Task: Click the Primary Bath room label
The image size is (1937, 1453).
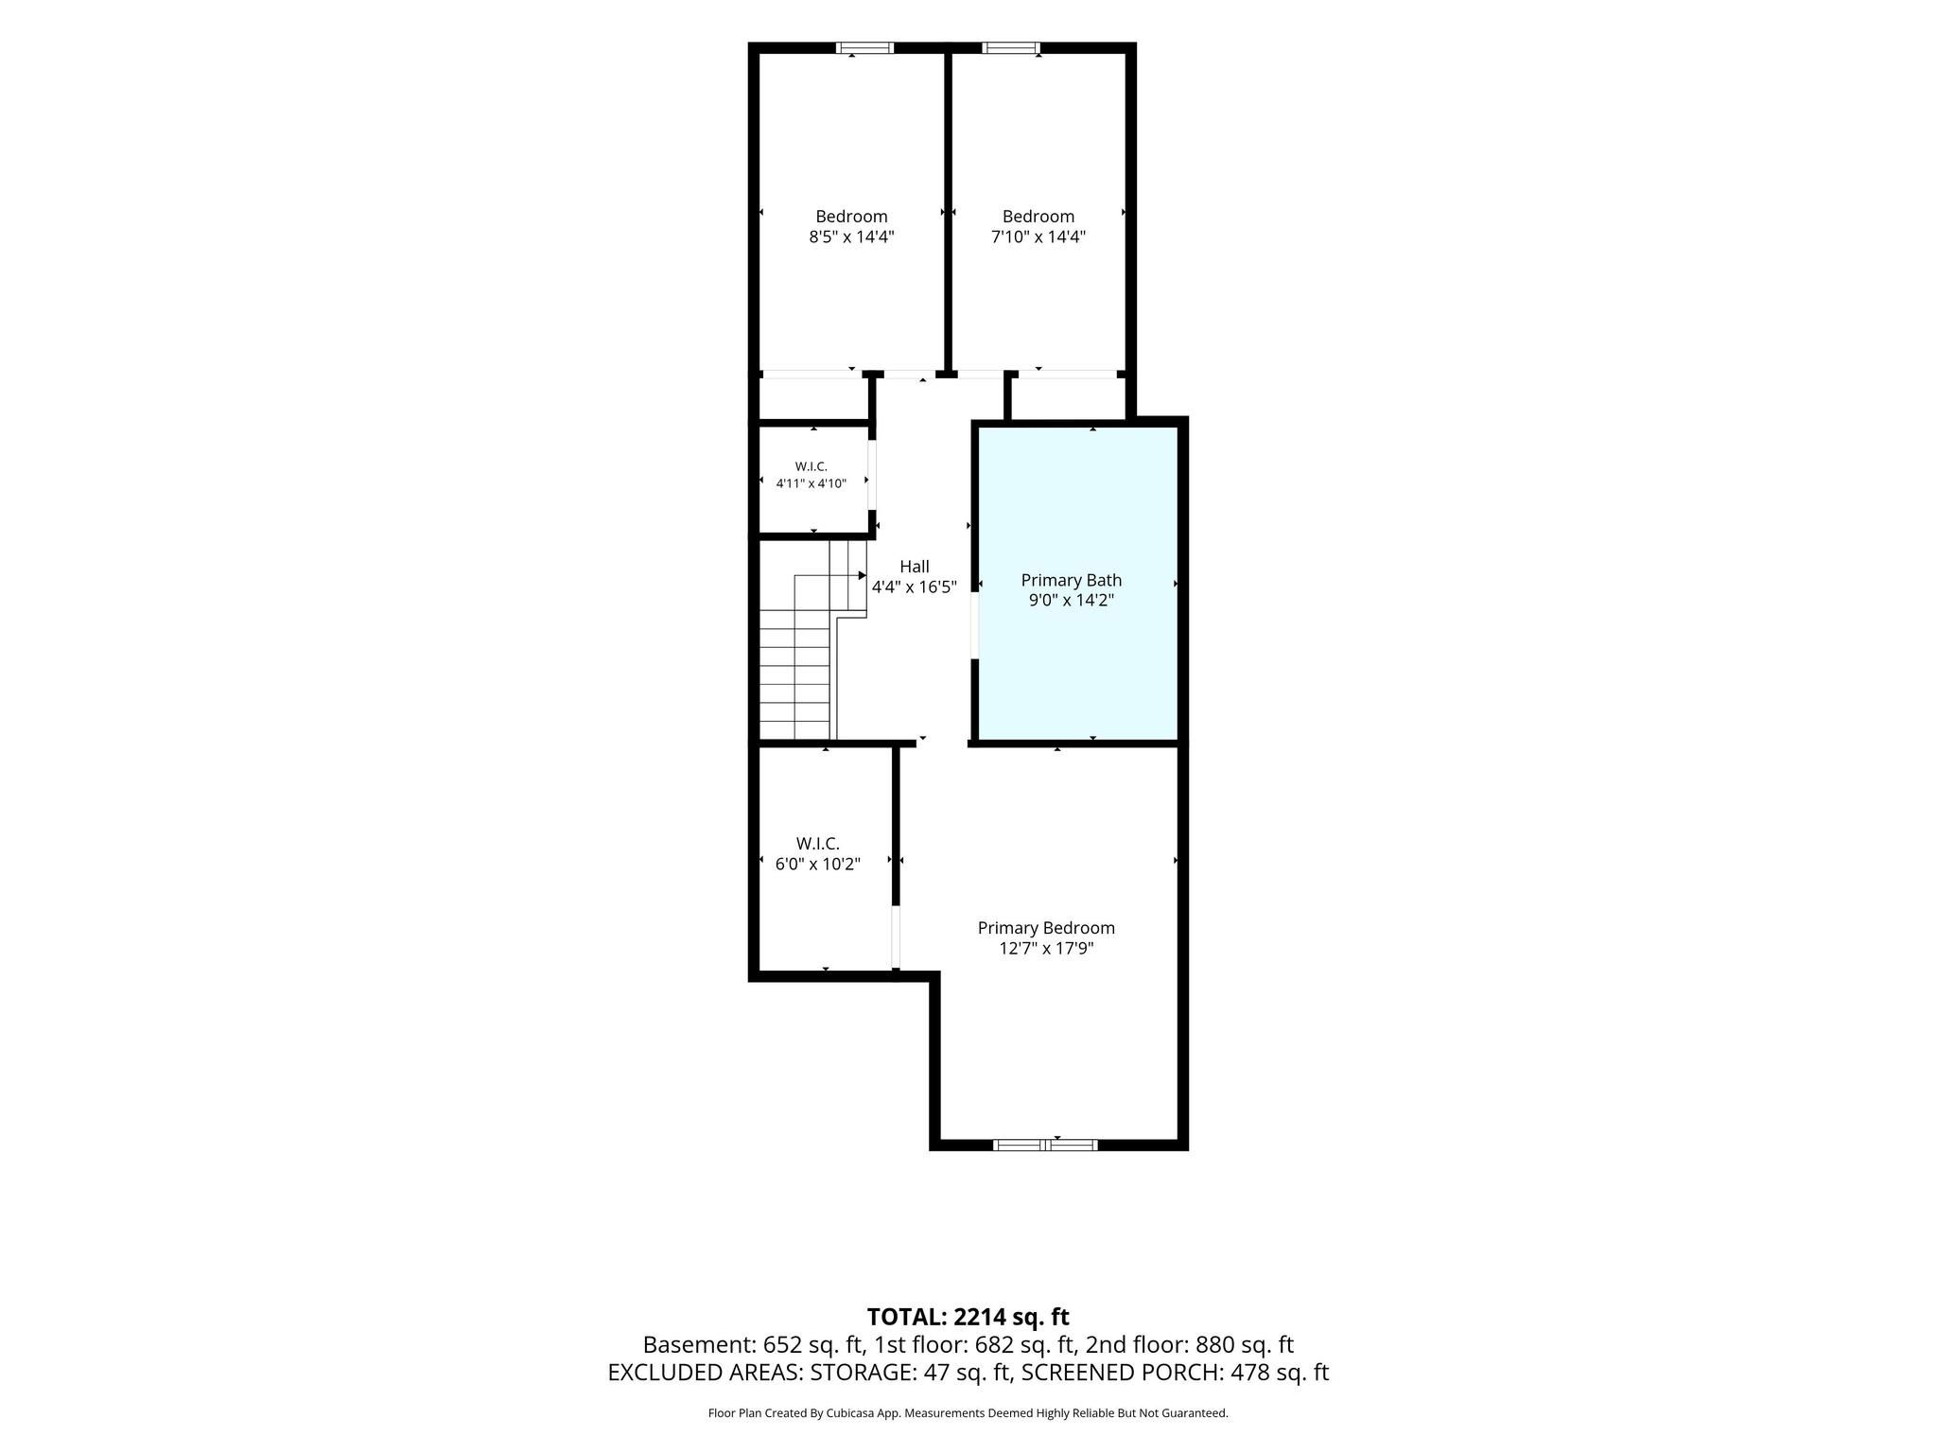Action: tap(1071, 580)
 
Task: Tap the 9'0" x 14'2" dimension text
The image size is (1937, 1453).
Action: tap(1071, 600)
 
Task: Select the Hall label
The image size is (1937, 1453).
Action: tap(914, 567)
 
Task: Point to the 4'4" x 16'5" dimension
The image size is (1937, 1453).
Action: tap(914, 586)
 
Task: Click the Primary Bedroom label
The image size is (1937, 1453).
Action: tap(1046, 928)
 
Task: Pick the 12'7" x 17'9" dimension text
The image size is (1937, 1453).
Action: tap(1046, 948)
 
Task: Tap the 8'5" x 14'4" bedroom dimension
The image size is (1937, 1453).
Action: tap(851, 236)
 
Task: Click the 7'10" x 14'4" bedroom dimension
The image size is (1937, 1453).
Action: tap(1038, 236)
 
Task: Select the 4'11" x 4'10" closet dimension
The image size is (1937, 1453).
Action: tap(811, 483)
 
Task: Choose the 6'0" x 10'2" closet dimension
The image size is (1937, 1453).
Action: tap(817, 864)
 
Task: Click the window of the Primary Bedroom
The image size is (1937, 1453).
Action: tap(1045, 1145)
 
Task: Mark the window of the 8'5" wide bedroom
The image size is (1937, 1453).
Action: tap(864, 47)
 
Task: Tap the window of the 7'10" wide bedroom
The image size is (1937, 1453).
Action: tap(1011, 47)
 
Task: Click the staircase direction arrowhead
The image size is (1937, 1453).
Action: tap(862, 575)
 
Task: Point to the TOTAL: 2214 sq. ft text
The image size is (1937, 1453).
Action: tap(968, 1317)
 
